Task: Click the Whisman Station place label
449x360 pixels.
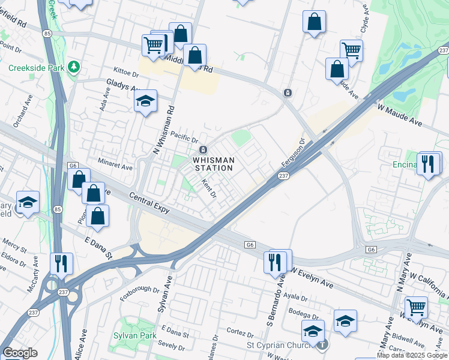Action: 212,164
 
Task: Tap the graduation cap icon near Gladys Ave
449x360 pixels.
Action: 145,101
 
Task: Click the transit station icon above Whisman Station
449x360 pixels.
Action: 203,149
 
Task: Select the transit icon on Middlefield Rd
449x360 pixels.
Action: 288,92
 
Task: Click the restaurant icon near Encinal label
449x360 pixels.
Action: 428,164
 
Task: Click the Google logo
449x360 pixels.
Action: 20,352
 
